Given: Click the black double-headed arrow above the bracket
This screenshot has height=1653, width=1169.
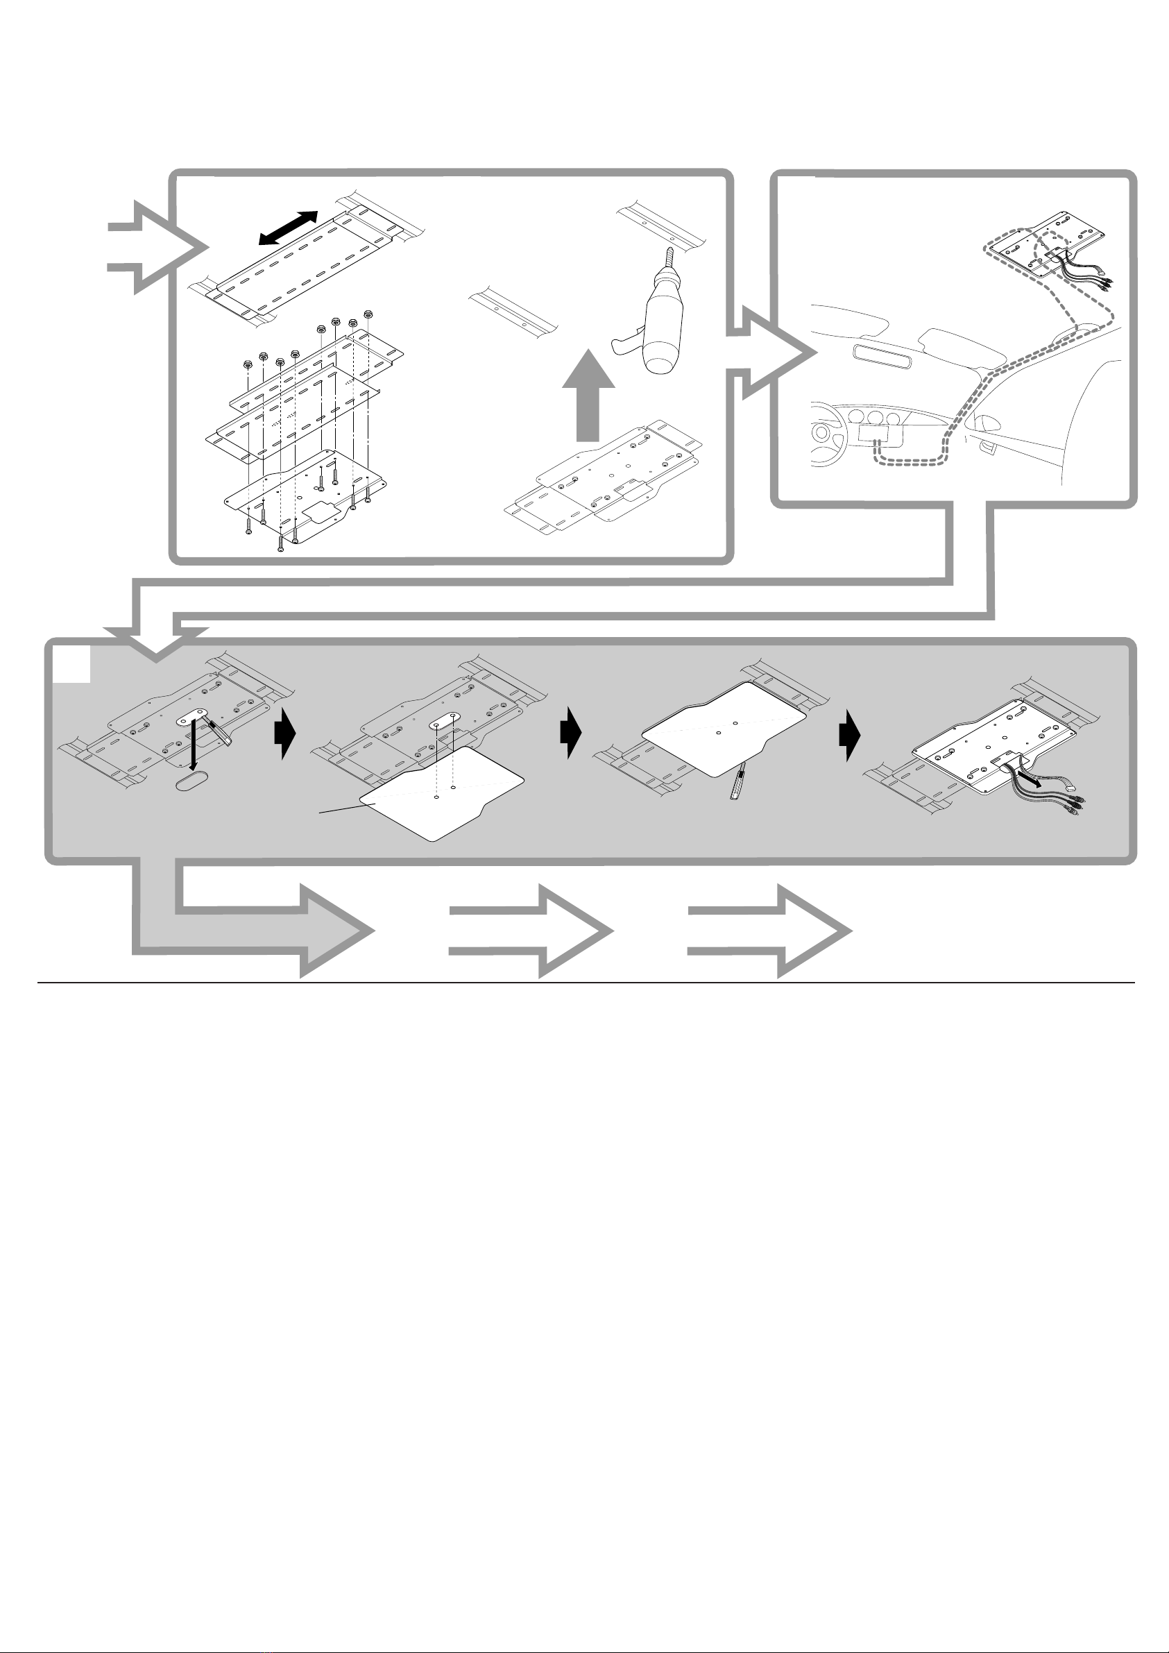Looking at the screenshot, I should pyautogui.click(x=288, y=229).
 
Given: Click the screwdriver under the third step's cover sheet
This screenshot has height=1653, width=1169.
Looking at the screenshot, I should pyautogui.click(x=737, y=788).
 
